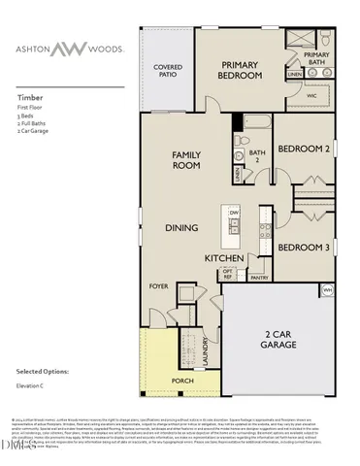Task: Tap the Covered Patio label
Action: [x=169, y=72]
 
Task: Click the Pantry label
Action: [x=259, y=277]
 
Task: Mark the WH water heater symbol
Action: [x=327, y=290]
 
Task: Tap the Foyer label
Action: [x=158, y=287]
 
